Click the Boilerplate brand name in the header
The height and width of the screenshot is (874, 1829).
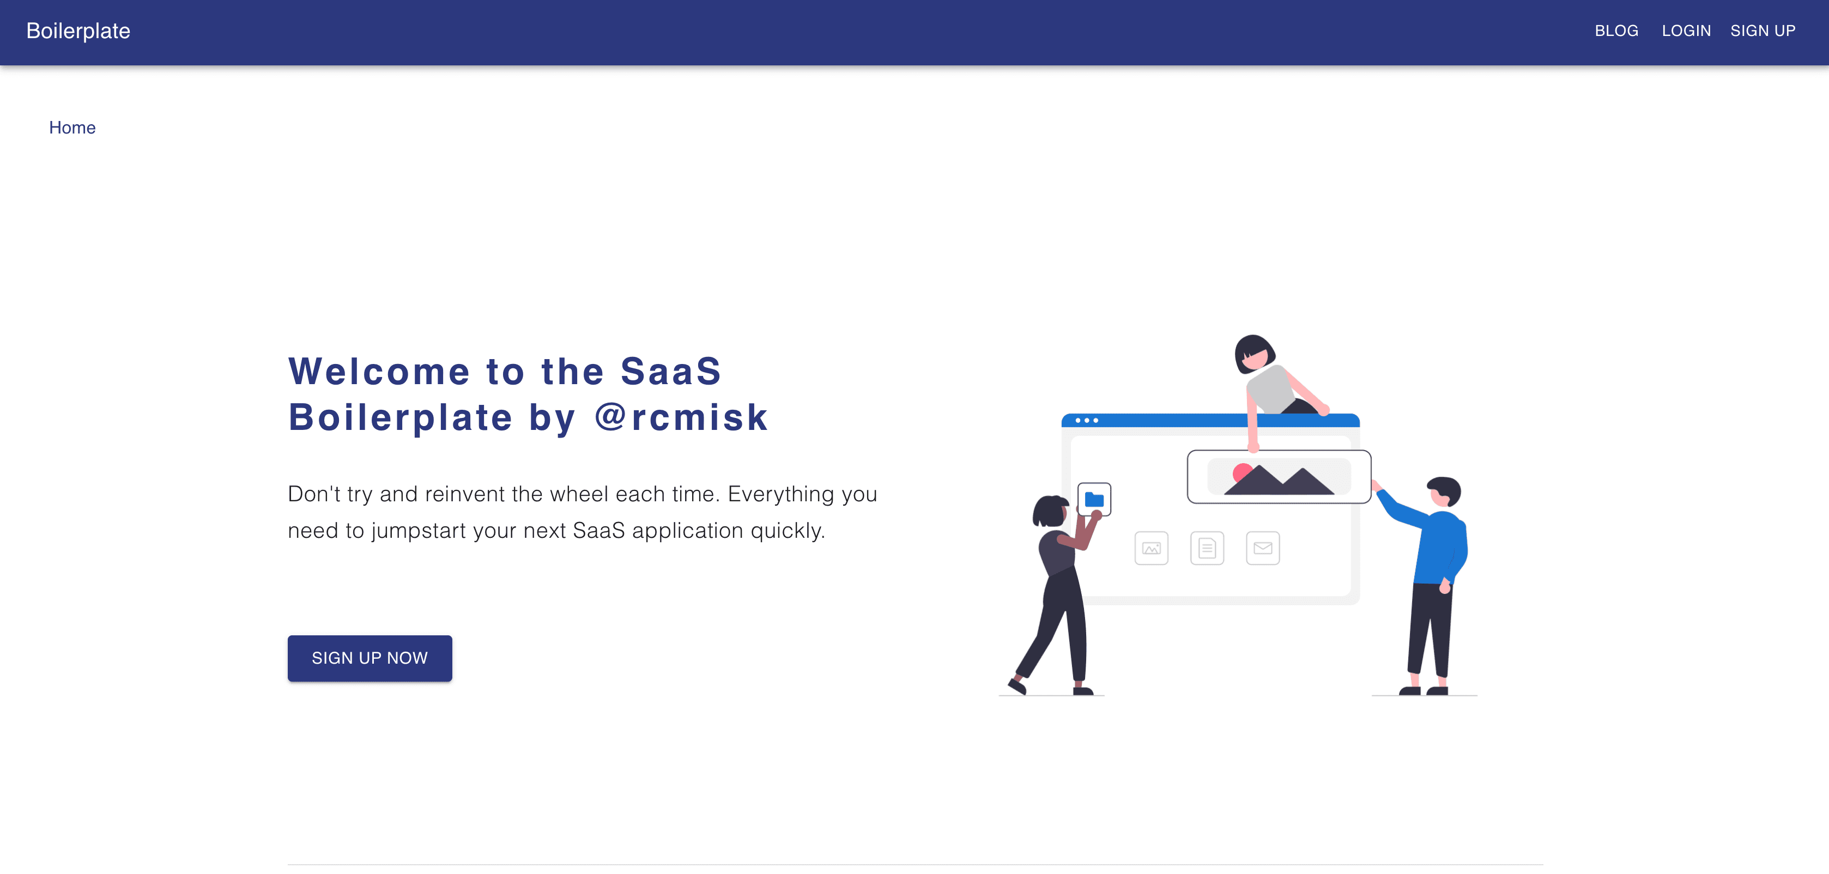(78, 31)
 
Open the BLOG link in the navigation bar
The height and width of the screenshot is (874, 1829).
(1616, 31)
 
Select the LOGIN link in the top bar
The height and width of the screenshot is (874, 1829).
(1686, 31)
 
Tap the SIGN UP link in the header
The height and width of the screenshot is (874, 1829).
(1763, 31)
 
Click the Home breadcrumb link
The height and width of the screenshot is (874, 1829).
(72, 128)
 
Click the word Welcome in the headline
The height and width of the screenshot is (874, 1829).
(379, 371)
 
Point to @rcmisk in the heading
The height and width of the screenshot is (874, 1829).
(681, 417)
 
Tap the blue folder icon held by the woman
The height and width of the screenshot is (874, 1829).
(1094, 500)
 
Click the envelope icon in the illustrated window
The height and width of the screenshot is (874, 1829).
(1262, 548)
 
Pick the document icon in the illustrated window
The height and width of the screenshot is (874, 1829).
(1207, 548)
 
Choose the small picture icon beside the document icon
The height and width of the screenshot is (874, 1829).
(1151, 548)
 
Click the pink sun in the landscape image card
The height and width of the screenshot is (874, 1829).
(1242, 472)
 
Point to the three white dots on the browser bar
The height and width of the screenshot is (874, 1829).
(1086, 420)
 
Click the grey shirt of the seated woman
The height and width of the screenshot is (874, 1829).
(1271, 389)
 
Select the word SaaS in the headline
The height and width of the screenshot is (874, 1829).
(670, 371)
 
